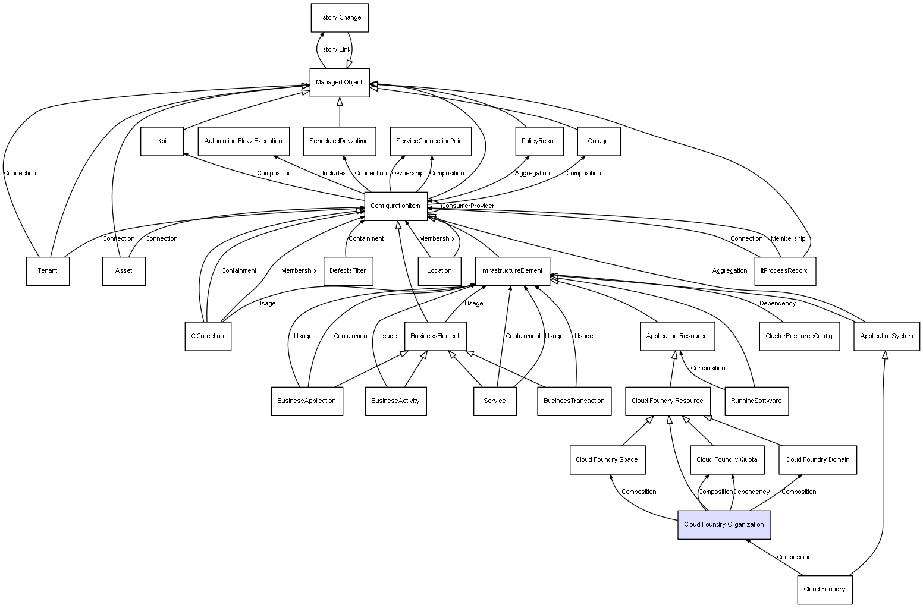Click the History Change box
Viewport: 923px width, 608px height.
tap(340, 18)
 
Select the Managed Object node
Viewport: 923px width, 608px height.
tap(340, 83)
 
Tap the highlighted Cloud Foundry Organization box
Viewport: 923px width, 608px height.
tap(724, 525)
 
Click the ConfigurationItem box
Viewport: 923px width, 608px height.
tap(395, 206)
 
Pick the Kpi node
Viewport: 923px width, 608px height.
tap(162, 141)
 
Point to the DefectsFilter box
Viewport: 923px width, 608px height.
tap(348, 271)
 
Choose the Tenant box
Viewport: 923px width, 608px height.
tap(48, 271)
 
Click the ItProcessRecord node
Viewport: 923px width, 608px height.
tap(785, 271)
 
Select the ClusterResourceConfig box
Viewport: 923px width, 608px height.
tap(799, 336)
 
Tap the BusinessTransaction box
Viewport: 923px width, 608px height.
tap(574, 401)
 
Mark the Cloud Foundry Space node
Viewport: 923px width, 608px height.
tap(607, 459)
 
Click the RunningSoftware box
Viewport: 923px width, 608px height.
tap(756, 401)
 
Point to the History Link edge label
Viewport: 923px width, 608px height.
tap(334, 50)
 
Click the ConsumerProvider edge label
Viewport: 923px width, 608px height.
tap(467, 206)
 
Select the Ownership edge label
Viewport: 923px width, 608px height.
tap(407, 174)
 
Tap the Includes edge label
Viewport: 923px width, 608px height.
tap(334, 174)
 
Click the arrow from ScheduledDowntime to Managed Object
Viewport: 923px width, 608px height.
tap(340, 112)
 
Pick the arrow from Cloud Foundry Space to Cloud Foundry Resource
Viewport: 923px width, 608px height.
tap(638, 431)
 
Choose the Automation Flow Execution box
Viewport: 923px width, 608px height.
tap(243, 141)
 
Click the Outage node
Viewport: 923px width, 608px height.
tap(599, 141)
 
